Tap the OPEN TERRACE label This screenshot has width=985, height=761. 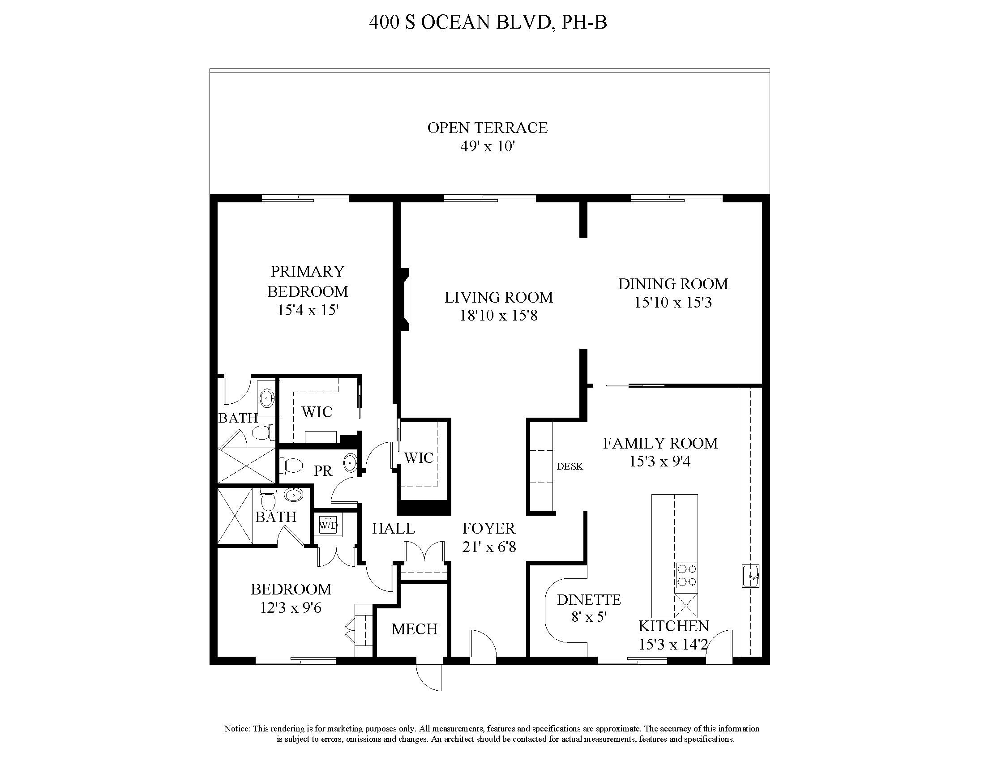(487, 128)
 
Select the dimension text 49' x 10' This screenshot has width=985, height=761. (487, 146)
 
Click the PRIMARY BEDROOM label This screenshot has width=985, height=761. (308, 281)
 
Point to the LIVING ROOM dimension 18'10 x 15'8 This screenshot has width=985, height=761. (498, 316)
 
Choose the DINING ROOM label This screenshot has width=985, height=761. (673, 284)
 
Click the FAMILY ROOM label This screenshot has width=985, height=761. (660, 443)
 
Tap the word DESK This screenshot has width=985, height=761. (570, 466)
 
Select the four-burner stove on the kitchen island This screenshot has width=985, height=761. (686, 576)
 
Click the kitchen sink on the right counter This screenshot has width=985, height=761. (750, 576)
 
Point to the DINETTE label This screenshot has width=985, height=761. (589, 599)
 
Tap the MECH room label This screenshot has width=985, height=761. (414, 629)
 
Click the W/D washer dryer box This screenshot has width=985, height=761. (328, 525)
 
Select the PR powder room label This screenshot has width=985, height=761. (323, 471)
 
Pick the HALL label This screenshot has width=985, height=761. (393, 528)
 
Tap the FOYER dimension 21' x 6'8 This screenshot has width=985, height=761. (489, 547)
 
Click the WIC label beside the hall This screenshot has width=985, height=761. (419, 458)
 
